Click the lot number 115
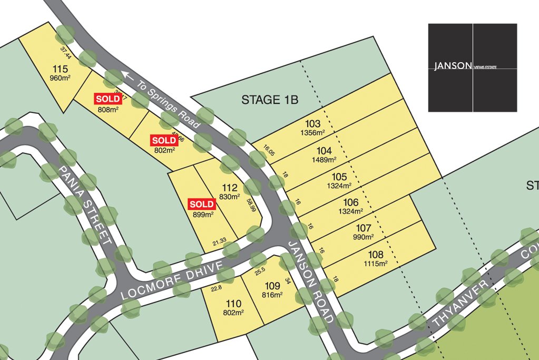(x=61, y=69)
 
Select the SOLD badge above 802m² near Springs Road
(x=164, y=140)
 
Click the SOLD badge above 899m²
(x=201, y=204)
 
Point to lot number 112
(x=230, y=188)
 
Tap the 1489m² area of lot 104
(x=324, y=159)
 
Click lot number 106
(x=350, y=202)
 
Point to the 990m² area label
(x=364, y=237)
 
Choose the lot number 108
(x=376, y=254)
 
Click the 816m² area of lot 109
(x=272, y=295)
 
